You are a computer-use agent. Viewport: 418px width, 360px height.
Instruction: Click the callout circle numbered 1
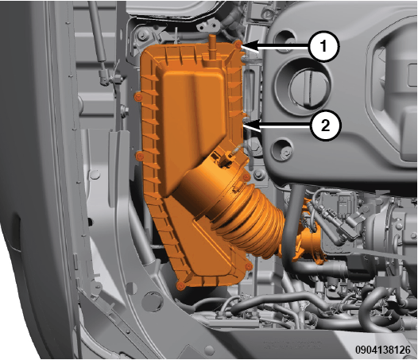tap(323, 47)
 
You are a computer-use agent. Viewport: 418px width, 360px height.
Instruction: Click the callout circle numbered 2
tap(325, 125)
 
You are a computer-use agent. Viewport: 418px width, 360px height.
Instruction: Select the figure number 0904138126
tap(383, 350)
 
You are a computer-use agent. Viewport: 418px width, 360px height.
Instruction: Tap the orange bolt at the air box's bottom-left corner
tap(181, 285)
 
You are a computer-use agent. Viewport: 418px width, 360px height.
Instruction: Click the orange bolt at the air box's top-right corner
tap(238, 45)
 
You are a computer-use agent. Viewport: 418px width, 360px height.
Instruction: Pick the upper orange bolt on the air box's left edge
tap(137, 97)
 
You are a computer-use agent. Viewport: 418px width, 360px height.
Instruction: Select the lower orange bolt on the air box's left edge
tap(140, 157)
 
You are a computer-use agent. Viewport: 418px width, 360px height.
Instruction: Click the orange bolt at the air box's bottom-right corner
tap(249, 266)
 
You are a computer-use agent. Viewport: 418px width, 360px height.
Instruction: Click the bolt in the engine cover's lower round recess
tap(286, 153)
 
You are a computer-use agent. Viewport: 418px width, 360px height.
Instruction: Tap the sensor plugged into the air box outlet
tap(226, 159)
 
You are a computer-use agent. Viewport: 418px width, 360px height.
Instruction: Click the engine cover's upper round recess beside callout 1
tap(284, 40)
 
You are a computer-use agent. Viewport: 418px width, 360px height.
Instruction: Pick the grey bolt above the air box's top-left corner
tap(141, 34)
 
